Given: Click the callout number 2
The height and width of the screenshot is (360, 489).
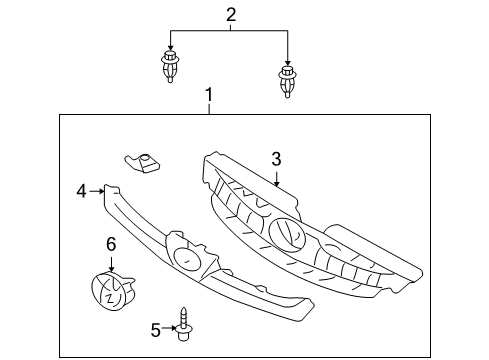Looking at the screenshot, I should pyautogui.click(x=230, y=15).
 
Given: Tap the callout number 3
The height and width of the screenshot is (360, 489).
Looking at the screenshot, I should pyautogui.click(x=277, y=157).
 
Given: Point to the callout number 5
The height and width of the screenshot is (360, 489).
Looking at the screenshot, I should pyautogui.click(x=155, y=326).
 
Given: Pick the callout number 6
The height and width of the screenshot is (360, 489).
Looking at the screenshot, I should pyautogui.click(x=111, y=243).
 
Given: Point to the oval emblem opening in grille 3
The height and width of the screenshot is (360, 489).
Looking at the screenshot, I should pyautogui.click(x=286, y=233).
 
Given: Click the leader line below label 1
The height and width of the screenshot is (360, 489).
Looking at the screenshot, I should pyautogui.click(x=209, y=109).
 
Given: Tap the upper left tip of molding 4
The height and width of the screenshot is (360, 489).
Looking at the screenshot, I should pyautogui.click(x=111, y=187).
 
